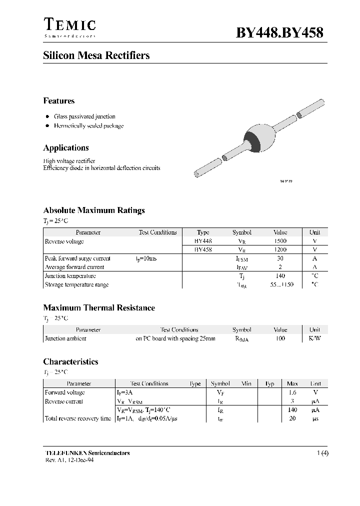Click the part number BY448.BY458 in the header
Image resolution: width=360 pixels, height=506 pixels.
pyautogui.click(x=279, y=32)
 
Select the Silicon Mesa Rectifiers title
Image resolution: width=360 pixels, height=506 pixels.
pyautogui.click(x=96, y=55)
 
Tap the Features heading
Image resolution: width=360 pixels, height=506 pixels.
pyautogui.click(x=59, y=101)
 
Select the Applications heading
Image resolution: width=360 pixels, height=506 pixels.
pyautogui.click(x=66, y=148)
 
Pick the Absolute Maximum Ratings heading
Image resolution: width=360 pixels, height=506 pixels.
pyautogui.click(x=94, y=210)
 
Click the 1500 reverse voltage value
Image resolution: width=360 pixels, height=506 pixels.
pyautogui.click(x=280, y=241)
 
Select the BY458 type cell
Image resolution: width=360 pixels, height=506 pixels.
pyautogui.click(x=203, y=249)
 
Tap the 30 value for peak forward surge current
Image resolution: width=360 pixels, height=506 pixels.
pyautogui.click(x=280, y=258)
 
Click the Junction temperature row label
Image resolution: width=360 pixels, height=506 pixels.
pyautogui.click(x=70, y=276)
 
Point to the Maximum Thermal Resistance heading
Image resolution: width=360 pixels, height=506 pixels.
pyautogui.click(x=99, y=308)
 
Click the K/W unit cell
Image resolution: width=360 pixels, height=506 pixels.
pyautogui.click(x=314, y=338)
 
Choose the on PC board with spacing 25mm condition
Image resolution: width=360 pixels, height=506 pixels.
pyautogui.click(x=175, y=338)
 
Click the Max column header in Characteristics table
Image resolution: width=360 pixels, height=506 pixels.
pyautogui.click(x=292, y=383)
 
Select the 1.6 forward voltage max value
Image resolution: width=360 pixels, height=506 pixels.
pyautogui.click(x=292, y=393)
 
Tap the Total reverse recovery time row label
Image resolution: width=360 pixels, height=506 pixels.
pyautogui.click(x=78, y=418)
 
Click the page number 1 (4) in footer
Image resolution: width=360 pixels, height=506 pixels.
pyautogui.click(x=322, y=453)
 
